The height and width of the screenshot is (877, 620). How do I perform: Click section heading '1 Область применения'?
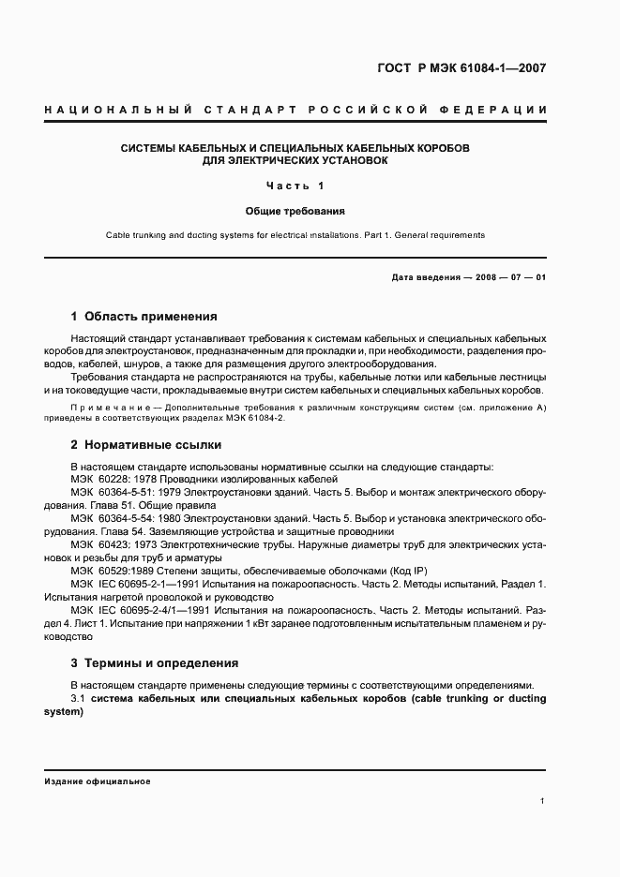144,316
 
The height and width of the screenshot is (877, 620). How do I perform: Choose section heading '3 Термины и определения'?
155,663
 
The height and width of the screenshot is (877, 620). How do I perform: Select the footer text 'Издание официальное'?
98,780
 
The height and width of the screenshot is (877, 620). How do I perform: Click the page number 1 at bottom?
543,801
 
